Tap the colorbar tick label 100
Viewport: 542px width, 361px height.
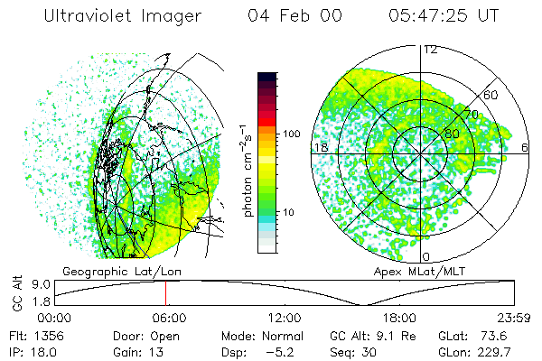[292, 134]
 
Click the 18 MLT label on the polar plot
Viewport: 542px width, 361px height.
[319, 147]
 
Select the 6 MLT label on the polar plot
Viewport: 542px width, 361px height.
[526, 147]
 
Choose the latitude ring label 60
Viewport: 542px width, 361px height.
[491, 95]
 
